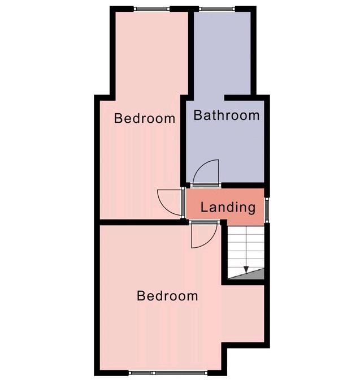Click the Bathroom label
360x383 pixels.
click(x=226, y=115)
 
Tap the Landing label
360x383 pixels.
click(x=228, y=208)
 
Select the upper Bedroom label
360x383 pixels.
click(x=145, y=118)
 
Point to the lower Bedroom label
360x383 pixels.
click(x=167, y=295)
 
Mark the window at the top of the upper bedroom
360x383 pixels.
click(x=152, y=9)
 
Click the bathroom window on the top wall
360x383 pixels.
click(x=216, y=9)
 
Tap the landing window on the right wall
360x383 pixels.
click(x=267, y=209)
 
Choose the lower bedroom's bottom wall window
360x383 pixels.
click(x=168, y=373)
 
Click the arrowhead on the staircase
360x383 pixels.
click(x=246, y=269)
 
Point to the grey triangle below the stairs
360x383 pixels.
click(x=253, y=276)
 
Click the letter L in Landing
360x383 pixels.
click(x=204, y=207)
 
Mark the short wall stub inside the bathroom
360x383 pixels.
click(x=237, y=98)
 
